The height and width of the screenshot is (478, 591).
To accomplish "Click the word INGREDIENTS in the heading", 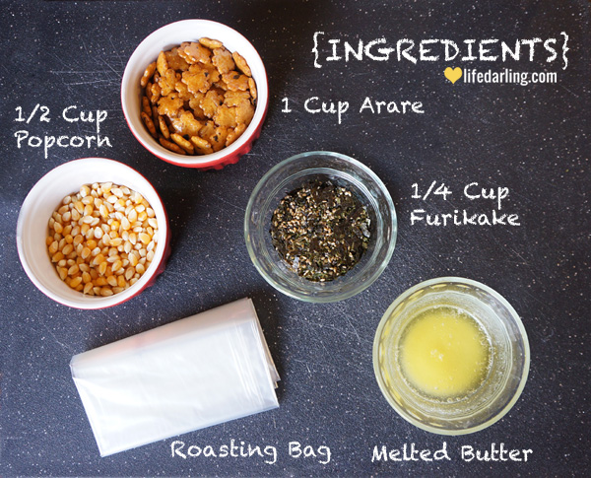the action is [x=441, y=50].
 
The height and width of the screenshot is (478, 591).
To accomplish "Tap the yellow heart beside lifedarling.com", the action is [x=452, y=75].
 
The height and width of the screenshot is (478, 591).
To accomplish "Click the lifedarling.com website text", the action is [x=510, y=76].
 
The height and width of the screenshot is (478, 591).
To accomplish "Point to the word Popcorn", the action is [x=63, y=141].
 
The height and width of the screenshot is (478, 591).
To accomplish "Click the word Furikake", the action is [x=465, y=217].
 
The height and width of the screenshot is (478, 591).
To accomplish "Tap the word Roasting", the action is [x=224, y=450].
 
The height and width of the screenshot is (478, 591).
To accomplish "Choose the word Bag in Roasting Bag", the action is [x=310, y=450].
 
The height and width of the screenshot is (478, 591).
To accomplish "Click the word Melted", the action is [x=411, y=452].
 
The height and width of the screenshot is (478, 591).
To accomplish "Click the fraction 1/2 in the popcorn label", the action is [x=33, y=114].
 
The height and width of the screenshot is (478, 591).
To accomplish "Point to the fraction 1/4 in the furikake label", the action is [x=429, y=191].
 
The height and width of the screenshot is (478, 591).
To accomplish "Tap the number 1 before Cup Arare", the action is [x=287, y=104].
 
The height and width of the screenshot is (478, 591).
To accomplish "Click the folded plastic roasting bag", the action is [x=175, y=377].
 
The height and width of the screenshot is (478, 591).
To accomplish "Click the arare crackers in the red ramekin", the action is [x=198, y=97].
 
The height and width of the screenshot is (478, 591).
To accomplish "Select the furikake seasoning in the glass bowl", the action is [x=320, y=231].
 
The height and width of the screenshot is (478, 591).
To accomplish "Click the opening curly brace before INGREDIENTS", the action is [x=318, y=50].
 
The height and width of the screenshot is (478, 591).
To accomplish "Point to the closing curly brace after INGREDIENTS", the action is [x=563, y=50].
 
